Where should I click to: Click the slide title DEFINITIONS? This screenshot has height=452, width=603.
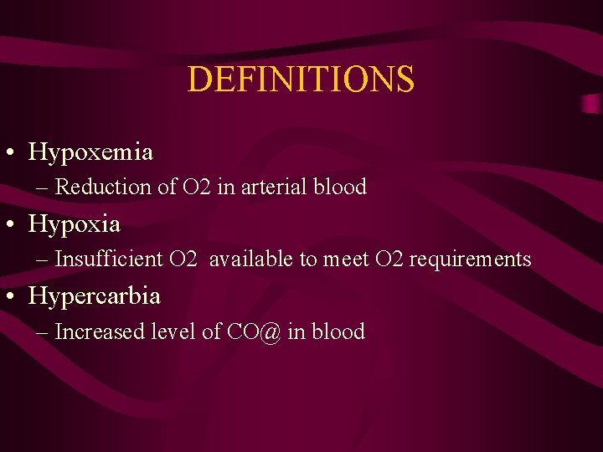tap(301, 80)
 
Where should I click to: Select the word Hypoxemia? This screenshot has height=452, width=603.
tap(90, 152)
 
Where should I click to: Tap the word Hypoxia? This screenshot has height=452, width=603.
tap(75, 224)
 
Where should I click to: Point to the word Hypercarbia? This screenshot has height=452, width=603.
tap(95, 296)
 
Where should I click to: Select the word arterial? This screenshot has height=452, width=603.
tap(275, 187)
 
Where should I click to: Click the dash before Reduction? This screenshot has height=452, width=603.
tap(43, 187)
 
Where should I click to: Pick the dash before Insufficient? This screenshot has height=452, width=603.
tap(43, 260)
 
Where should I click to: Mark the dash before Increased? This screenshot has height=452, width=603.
tap(43, 333)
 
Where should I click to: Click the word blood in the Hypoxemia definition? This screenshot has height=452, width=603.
tap(340, 187)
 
